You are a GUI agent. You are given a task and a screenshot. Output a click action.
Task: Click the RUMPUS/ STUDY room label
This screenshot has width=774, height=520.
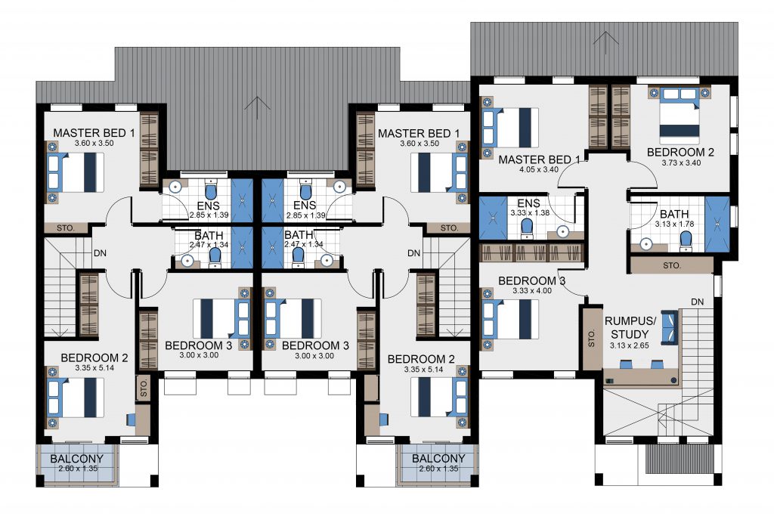tap(630, 327)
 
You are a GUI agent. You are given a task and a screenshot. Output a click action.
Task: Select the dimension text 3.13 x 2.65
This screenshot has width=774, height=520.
tap(630, 345)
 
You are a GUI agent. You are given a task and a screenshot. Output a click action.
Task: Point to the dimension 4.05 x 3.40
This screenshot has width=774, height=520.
tap(538, 169)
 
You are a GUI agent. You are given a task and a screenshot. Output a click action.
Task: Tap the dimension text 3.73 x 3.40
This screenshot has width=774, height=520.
tap(681, 162)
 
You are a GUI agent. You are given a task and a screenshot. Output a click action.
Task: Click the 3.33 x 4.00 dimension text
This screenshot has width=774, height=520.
tap(532, 290)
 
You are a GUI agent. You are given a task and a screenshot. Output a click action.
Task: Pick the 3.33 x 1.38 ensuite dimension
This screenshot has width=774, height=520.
tap(530, 212)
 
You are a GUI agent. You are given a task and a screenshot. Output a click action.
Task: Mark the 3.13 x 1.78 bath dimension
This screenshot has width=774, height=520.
tap(674, 224)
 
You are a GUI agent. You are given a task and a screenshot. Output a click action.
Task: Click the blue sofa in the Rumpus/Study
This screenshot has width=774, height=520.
tap(670, 327)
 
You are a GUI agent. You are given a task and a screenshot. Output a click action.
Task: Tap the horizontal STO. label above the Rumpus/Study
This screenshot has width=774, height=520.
tap(672, 265)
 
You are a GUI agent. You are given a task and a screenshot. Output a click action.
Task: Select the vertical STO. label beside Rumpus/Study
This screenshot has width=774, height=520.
tap(592, 339)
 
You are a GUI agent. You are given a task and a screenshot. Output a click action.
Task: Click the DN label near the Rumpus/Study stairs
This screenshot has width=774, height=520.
tap(698, 302)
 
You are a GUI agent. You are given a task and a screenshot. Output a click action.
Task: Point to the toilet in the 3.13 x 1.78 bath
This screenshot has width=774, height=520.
tap(686, 240)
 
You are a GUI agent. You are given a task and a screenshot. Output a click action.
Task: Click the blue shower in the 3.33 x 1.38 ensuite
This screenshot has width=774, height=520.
tap(493, 218)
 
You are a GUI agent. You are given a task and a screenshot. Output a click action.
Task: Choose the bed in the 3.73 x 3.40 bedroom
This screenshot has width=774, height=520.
tap(680, 113)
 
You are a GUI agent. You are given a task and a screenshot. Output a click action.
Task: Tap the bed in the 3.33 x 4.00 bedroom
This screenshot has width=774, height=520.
tap(510, 319)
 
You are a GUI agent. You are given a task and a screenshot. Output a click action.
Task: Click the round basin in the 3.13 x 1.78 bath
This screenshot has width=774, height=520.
tap(646, 243)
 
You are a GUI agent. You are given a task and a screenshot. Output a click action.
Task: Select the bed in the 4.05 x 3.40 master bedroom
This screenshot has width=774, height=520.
tap(510, 128)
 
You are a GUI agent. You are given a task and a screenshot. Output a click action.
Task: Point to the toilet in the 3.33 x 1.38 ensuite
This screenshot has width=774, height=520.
tap(527, 228)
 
